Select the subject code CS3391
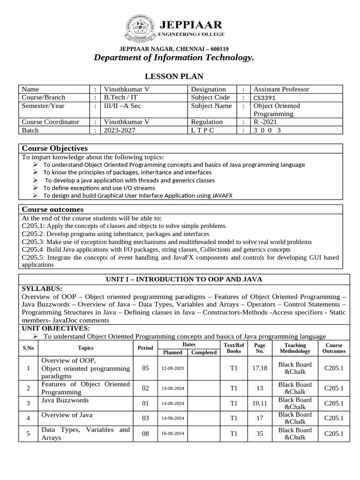pyautogui.click(x=265, y=97)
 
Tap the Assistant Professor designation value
pyautogui.click(x=281, y=89)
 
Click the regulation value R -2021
pyautogui.click(x=266, y=122)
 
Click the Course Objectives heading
pyautogui.click(x=55, y=148)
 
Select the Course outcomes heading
pyautogui.click(x=53, y=209)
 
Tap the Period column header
pyautogui.click(x=145, y=348)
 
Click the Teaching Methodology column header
pyautogui.click(x=295, y=348)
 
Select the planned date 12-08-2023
pyautogui.click(x=172, y=368)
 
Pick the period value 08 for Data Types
pyautogui.click(x=145, y=434)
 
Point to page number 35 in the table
pyautogui.click(x=259, y=434)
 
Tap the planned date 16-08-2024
pyautogui.click(x=172, y=434)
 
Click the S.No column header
pyautogui.click(x=28, y=348)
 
